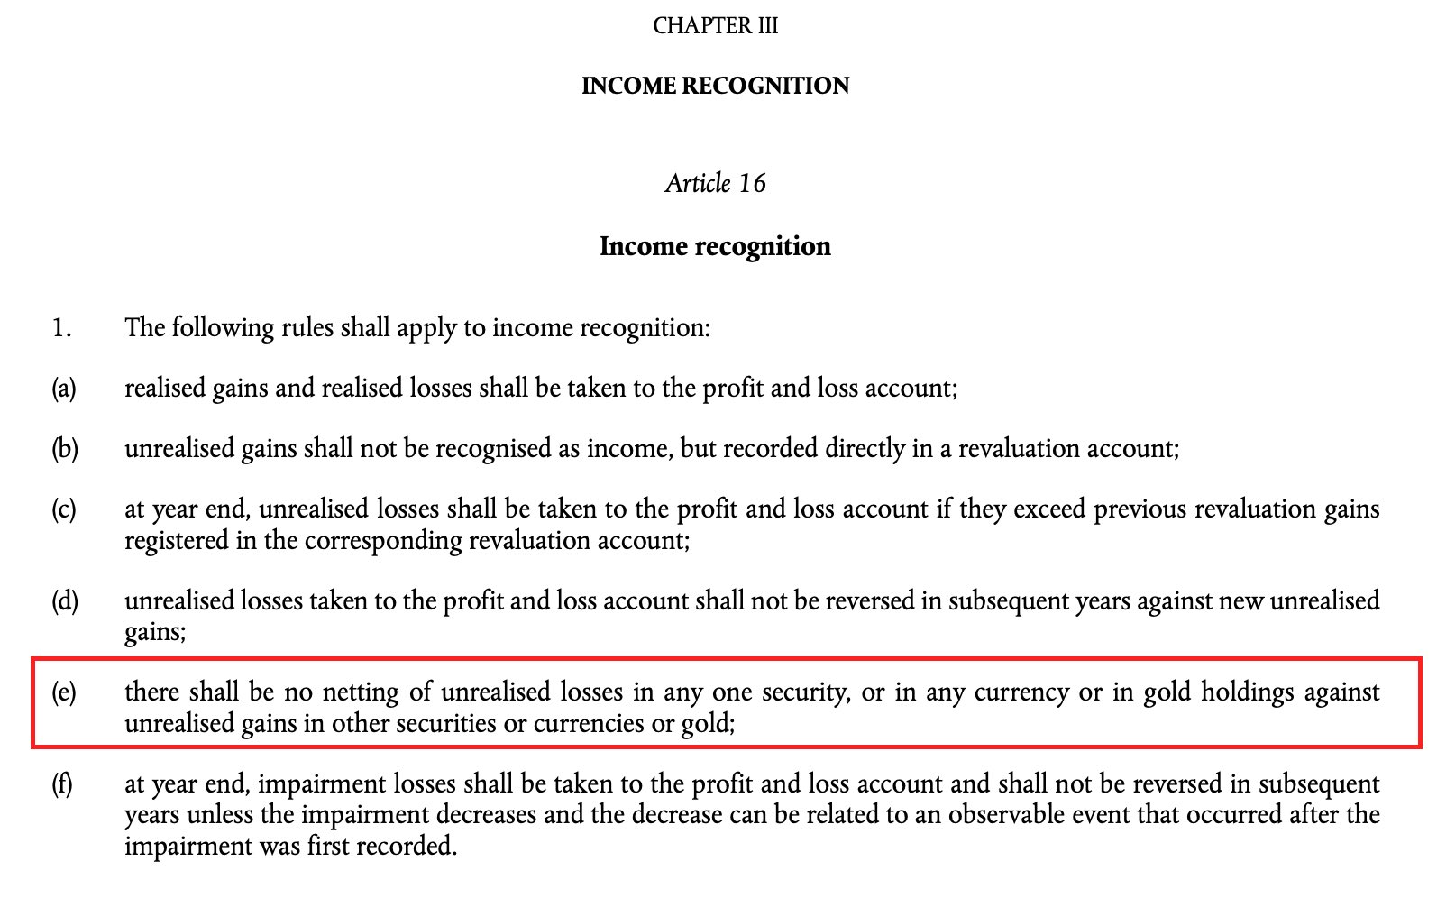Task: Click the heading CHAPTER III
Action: pos(715,25)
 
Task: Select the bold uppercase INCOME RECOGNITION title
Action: pos(715,86)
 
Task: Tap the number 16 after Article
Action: pos(751,184)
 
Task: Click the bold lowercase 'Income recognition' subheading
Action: pos(715,246)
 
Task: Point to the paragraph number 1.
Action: pos(60,328)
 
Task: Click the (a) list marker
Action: pos(63,389)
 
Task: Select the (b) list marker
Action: pos(64,449)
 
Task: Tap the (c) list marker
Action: pos(63,509)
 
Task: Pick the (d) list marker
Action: pos(64,601)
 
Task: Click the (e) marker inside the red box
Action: pos(63,692)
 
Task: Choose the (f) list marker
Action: pos(62,784)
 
